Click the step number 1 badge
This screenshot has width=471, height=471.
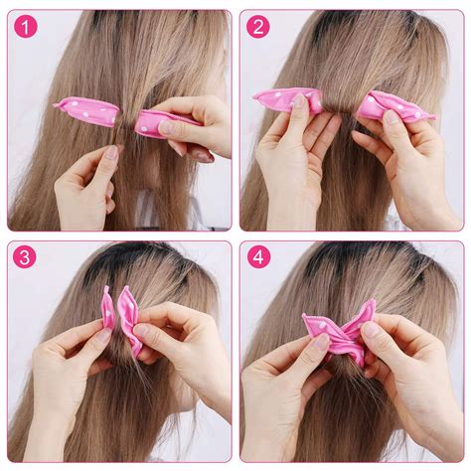click(x=27, y=27)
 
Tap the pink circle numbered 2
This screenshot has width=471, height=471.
click(x=258, y=27)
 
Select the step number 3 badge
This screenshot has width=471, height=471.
click(x=27, y=258)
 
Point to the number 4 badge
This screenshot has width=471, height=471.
click(x=258, y=258)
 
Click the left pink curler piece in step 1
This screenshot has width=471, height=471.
click(x=86, y=111)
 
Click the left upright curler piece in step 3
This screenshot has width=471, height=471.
click(x=107, y=308)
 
